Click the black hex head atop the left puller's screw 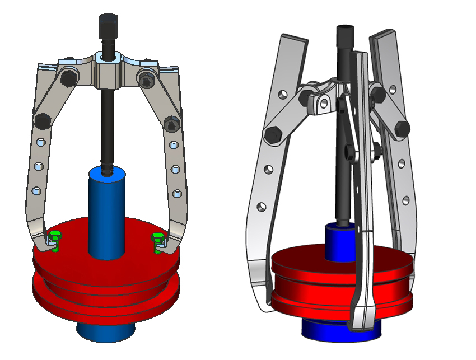108,25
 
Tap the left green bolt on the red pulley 54,236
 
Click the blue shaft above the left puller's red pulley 107,213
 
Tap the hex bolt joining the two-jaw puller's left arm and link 41,119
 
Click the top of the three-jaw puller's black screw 343,30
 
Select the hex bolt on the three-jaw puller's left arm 274,134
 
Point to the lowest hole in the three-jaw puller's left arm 261,207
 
